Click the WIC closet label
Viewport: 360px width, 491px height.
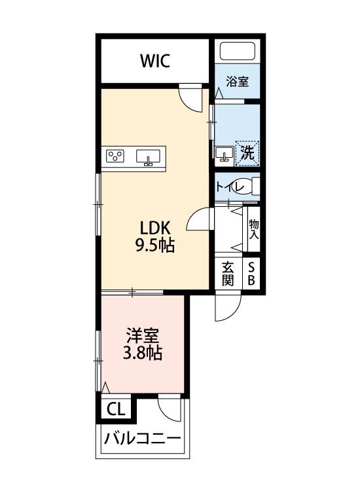pyautogui.click(x=155, y=62)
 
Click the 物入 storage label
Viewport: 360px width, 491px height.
pyautogui.click(x=254, y=228)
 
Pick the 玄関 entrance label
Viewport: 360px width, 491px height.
pyautogui.click(x=228, y=273)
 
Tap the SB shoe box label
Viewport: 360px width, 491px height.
pyautogui.click(x=252, y=273)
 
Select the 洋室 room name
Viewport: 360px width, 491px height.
pyautogui.click(x=143, y=337)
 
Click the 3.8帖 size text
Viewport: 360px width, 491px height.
pyautogui.click(x=143, y=355)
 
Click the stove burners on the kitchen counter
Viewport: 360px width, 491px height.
pyautogui.click(x=117, y=156)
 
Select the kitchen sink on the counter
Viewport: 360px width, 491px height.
pyautogui.click(x=148, y=156)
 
